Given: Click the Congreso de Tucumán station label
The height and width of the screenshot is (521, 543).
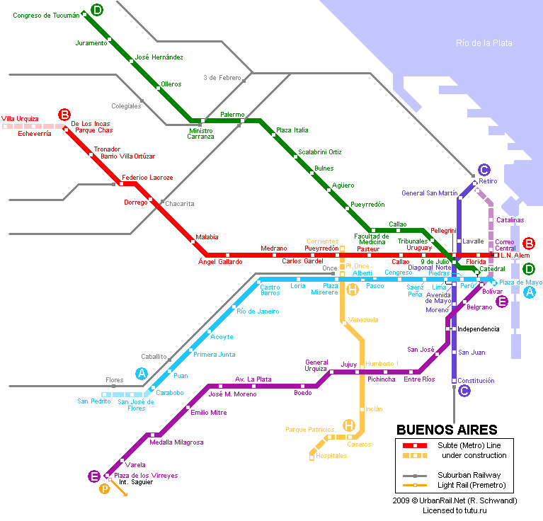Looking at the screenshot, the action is coord(46,16).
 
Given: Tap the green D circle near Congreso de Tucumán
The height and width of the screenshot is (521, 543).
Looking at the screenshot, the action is coord(97,10).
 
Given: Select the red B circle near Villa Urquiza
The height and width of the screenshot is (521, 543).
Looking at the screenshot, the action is coord(64,114).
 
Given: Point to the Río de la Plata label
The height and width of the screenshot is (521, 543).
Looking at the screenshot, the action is coord(484,43).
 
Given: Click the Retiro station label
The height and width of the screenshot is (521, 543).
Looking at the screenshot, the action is coord(488,181).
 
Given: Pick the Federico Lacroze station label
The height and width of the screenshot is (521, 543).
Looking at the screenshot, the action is coord(147,178).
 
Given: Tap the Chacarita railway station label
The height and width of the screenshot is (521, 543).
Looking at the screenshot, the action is coord(179,204).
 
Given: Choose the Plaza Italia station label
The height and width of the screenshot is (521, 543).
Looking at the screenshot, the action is coord(292,130).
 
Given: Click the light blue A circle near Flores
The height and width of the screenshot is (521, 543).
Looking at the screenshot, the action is coord(142,374).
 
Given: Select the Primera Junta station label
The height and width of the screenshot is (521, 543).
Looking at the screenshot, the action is coord(214,355).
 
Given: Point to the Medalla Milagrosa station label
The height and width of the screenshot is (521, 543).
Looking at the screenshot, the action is coord(176,442).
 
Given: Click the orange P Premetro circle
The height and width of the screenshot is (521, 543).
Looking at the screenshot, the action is coord(104,489).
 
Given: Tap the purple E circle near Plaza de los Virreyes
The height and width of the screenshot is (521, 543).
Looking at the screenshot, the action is coord(94,476).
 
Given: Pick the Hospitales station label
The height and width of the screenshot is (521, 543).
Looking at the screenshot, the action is coord(331,456).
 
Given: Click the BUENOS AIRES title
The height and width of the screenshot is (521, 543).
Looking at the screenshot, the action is coord(447,430).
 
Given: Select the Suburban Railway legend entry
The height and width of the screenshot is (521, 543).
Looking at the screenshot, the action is coord(469,475).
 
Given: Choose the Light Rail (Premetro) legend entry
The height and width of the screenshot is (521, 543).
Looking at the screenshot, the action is coord(471,486).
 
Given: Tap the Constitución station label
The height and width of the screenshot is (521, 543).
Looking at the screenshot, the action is coord(476,381).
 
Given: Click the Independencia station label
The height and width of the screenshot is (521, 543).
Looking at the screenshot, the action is coord(479,329).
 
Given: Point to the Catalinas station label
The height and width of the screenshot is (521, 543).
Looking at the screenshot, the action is coord(510,220).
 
